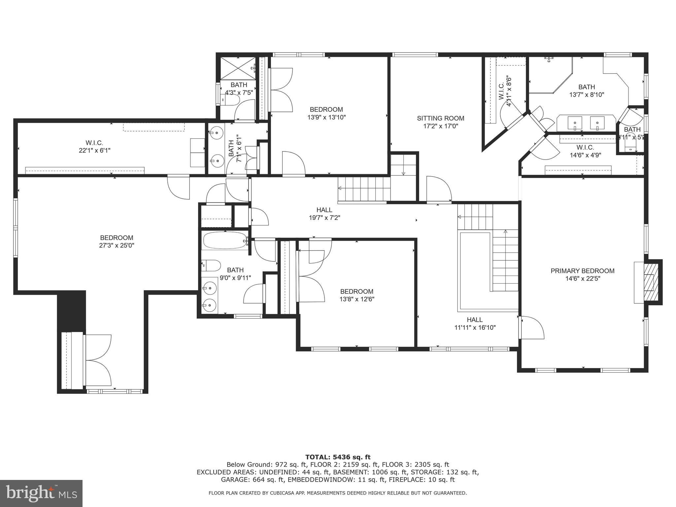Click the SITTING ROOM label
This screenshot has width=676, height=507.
point(440,118)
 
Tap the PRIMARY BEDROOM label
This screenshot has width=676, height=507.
point(582,271)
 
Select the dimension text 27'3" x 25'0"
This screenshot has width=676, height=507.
point(117,246)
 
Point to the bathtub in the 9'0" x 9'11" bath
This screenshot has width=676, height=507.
point(225,241)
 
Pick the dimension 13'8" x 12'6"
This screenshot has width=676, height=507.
point(357,299)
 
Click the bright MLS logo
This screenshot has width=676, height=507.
point(41,493)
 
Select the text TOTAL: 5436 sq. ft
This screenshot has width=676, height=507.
point(338,457)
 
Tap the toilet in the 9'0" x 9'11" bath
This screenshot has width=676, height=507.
point(212,265)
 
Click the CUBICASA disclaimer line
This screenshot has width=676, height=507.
point(338,493)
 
